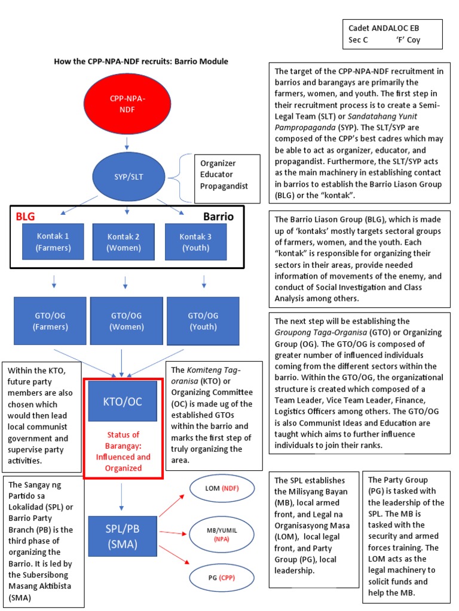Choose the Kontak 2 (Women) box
[124, 242]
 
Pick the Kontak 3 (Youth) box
[195, 242]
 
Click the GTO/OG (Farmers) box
[51, 321]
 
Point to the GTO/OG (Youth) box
[203, 321]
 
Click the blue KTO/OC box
[123, 402]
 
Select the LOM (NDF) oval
[221, 489]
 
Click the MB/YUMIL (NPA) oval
[222, 533]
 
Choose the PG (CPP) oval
[222, 577]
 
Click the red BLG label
[25, 217]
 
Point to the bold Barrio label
[218, 217]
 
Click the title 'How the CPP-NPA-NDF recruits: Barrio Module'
[141, 61]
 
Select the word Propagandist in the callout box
[225, 186]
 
